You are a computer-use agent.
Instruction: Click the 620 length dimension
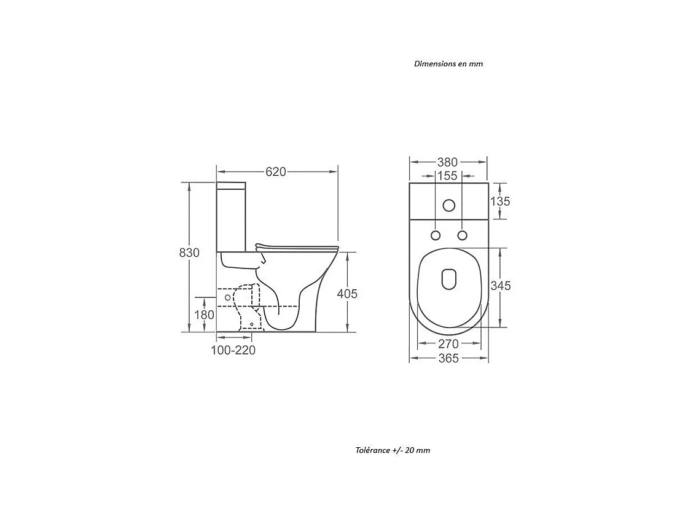[x=276, y=171]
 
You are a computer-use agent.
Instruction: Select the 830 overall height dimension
[x=189, y=252]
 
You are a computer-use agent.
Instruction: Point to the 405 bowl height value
[x=347, y=294]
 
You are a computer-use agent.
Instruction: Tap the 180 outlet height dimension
[x=204, y=315]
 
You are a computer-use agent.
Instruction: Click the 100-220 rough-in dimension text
[x=233, y=350]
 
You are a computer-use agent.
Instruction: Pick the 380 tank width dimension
[x=447, y=162]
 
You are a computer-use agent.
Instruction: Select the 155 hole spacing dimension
[x=447, y=176]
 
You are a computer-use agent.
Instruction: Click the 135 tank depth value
[x=500, y=201]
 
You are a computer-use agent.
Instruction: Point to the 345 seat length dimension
[x=501, y=286]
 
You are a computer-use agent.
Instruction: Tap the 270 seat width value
[x=448, y=344]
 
